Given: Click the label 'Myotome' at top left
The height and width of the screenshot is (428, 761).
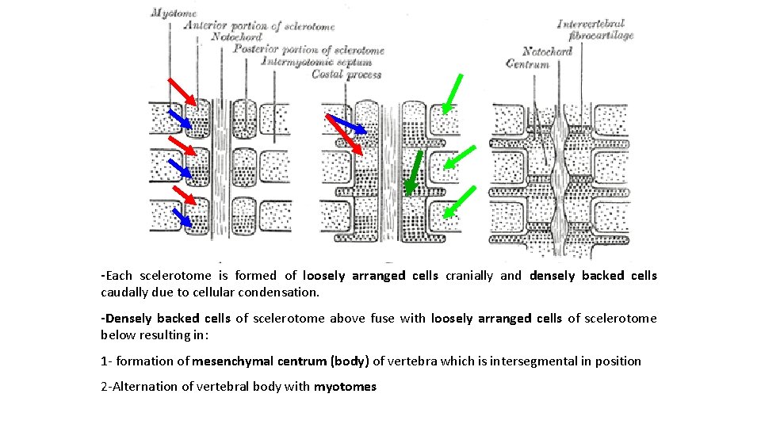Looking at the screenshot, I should tap(174, 13).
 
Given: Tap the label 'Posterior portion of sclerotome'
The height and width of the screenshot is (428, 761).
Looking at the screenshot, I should tap(309, 50).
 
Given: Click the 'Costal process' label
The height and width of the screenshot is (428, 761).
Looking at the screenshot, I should tap(346, 75).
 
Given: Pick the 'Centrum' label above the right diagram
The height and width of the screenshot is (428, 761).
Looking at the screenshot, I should tap(527, 64).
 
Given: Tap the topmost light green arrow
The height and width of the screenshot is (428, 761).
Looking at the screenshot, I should tap(452, 94).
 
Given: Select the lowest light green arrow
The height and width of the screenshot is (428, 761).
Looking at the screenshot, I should tap(459, 201).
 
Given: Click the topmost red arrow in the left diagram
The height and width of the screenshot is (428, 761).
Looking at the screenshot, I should tap(182, 92).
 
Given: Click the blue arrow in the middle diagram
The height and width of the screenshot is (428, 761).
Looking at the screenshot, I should tap(346, 124).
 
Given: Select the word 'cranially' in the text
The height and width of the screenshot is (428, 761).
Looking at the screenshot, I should tap(468, 276).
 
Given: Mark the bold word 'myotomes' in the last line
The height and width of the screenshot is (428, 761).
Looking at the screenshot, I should tap(345, 387).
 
